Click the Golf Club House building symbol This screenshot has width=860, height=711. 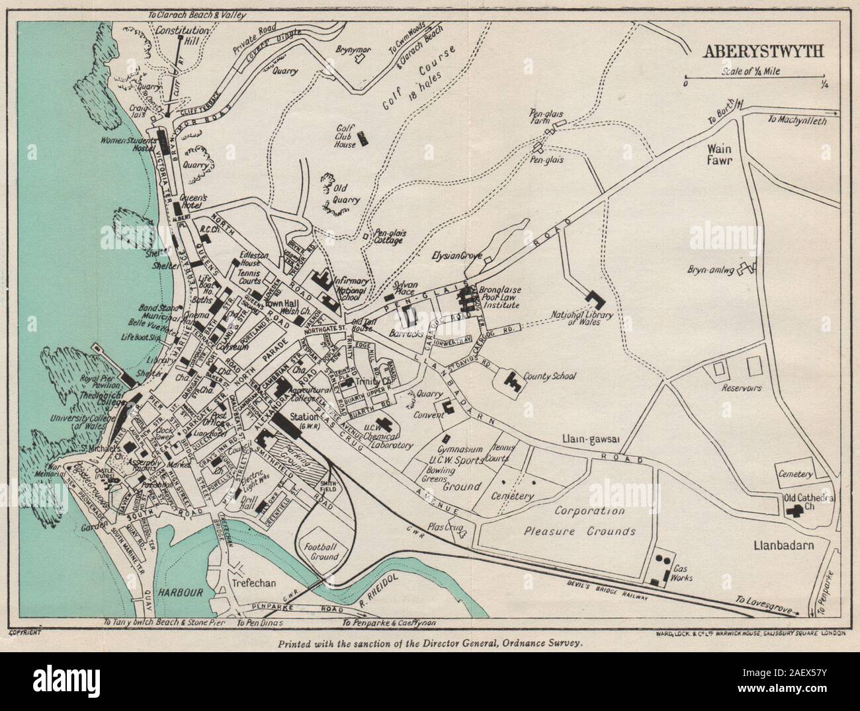coord(363,139)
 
